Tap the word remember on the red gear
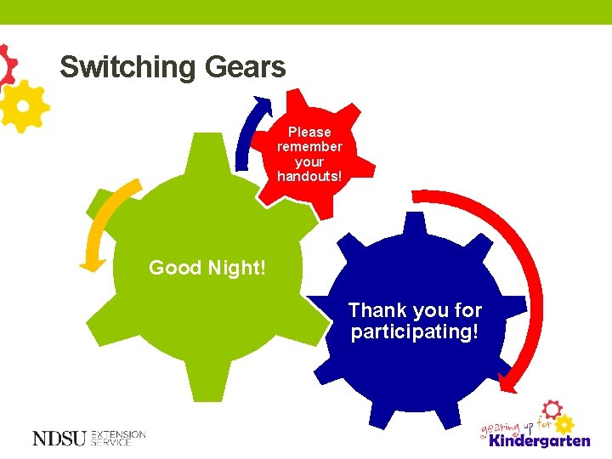[x=309, y=146]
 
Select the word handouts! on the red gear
[x=309, y=176]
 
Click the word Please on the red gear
[x=309, y=132]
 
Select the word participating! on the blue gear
[x=415, y=331]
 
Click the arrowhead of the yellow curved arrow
[x=90, y=264]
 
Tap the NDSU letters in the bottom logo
[x=59, y=439]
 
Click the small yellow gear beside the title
[x=23, y=106]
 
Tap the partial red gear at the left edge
[x=7, y=64]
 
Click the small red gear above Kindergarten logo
[x=552, y=409]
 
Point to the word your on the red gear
[x=309, y=161]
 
